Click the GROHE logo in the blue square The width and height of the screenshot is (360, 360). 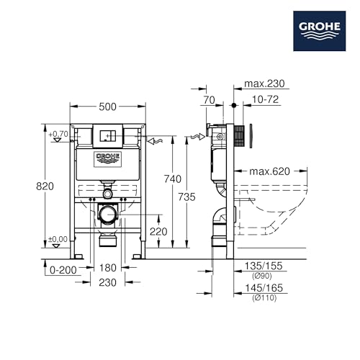[320, 31]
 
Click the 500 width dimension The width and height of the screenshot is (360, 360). [107, 107]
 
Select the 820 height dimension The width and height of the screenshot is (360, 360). [45, 186]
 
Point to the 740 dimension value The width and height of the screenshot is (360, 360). [173, 179]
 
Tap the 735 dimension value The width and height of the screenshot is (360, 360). [186, 197]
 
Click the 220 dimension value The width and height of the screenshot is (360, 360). [158, 232]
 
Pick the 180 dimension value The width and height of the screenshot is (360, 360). [108, 268]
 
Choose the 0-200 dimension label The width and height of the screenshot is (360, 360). [63, 270]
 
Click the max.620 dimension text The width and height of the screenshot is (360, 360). [270, 171]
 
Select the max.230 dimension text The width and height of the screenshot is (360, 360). [264, 84]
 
